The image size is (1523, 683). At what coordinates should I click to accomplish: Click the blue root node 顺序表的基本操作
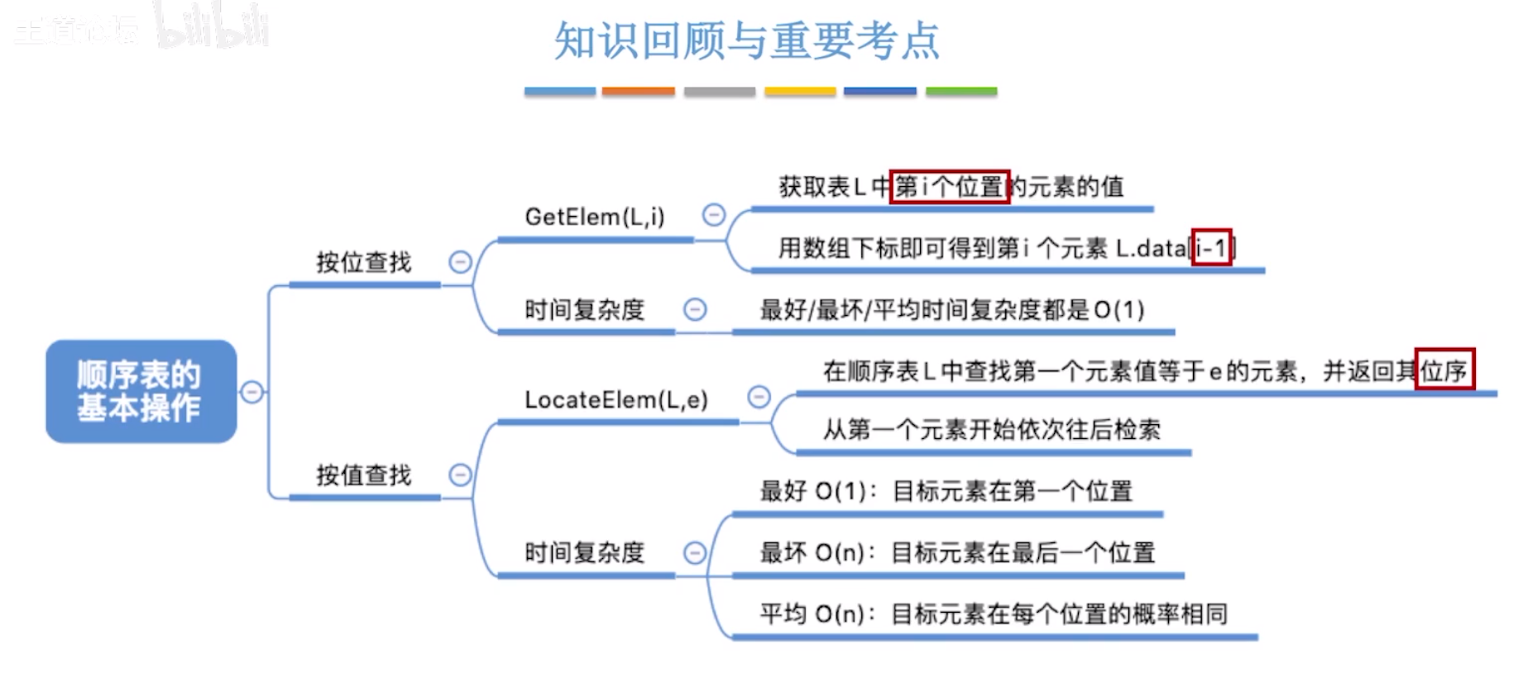(x=141, y=391)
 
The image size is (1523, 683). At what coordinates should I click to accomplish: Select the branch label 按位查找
(x=363, y=263)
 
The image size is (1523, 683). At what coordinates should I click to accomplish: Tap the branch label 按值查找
(x=363, y=475)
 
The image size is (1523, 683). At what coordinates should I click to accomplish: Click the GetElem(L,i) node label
(x=594, y=217)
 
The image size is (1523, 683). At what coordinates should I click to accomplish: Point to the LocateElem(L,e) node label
(x=616, y=400)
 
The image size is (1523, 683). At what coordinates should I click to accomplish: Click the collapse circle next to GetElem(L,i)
(x=713, y=215)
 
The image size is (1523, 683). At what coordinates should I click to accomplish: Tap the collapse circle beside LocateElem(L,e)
(x=759, y=397)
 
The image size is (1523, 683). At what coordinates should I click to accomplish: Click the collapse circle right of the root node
(x=252, y=392)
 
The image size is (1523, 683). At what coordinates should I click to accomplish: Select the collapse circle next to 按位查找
(x=460, y=262)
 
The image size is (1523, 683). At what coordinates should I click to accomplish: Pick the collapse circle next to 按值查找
(x=460, y=475)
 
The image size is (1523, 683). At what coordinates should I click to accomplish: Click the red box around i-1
(x=1211, y=247)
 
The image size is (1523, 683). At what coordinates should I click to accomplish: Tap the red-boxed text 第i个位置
(x=949, y=187)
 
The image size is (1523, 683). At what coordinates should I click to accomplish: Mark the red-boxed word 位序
(x=1444, y=370)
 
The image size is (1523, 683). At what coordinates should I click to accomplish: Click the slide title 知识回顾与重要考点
(x=746, y=41)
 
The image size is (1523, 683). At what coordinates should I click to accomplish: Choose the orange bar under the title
(x=638, y=92)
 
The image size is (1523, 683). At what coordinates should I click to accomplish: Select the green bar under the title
(x=960, y=92)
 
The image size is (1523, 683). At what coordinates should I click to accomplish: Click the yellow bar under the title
(x=799, y=92)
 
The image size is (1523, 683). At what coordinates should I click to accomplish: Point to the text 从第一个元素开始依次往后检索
(x=991, y=430)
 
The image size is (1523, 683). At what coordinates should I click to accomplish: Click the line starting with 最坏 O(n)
(x=956, y=552)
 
